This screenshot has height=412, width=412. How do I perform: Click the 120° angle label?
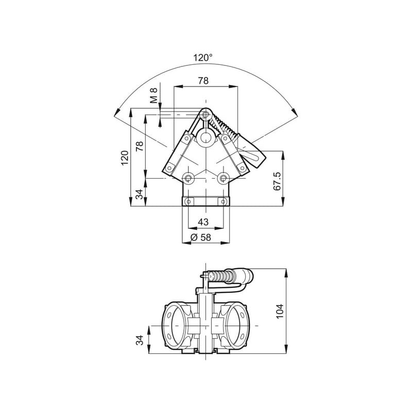(203, 58)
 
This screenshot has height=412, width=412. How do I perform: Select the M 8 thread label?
(153, 95)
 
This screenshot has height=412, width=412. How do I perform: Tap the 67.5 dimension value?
(277, 181)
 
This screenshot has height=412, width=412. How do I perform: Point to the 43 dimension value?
(203, 222)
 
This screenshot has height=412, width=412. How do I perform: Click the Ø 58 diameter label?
(200, 237)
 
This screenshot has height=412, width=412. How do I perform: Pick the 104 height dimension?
(280, 311)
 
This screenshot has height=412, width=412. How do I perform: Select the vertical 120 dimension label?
(125, 158)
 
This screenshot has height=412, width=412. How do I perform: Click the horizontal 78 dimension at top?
(203, 81)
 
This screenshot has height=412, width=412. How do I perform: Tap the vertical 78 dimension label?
(139, 146)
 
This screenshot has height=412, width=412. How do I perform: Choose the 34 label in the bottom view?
(140, 340)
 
